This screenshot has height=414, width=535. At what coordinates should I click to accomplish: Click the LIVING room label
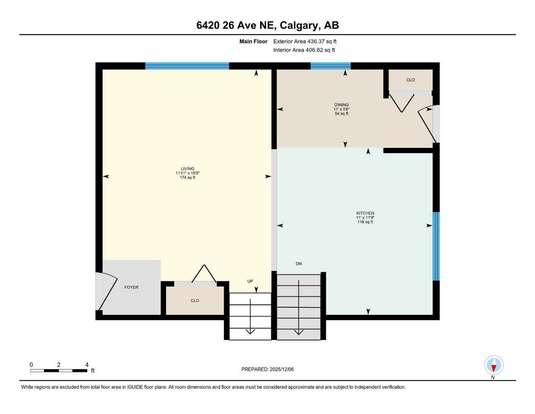(187, 169)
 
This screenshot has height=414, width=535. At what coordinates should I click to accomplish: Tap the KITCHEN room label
(365, 213)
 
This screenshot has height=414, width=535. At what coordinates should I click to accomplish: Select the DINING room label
(341, 105)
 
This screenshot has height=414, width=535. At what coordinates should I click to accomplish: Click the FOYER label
(131, 287)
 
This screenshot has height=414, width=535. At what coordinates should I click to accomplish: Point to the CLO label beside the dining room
(410, 80)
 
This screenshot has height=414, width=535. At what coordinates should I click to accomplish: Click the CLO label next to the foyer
(195, 301)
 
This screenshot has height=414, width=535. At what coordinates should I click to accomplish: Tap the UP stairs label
(250, 281)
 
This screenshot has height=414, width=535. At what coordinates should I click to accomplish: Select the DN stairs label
(298, 264)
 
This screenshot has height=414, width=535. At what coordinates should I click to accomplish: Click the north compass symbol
(493, 366)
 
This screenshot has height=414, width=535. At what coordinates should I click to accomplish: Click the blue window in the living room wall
(187, 66)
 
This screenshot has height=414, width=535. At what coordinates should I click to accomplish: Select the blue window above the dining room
(330, 66)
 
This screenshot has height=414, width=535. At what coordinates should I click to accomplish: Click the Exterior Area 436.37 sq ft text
(305, 41)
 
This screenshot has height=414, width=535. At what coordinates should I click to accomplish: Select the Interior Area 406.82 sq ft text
(304, 50)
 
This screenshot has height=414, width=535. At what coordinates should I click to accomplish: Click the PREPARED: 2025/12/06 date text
(267, 369)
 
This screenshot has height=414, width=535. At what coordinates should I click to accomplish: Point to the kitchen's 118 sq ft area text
(365, 222)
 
